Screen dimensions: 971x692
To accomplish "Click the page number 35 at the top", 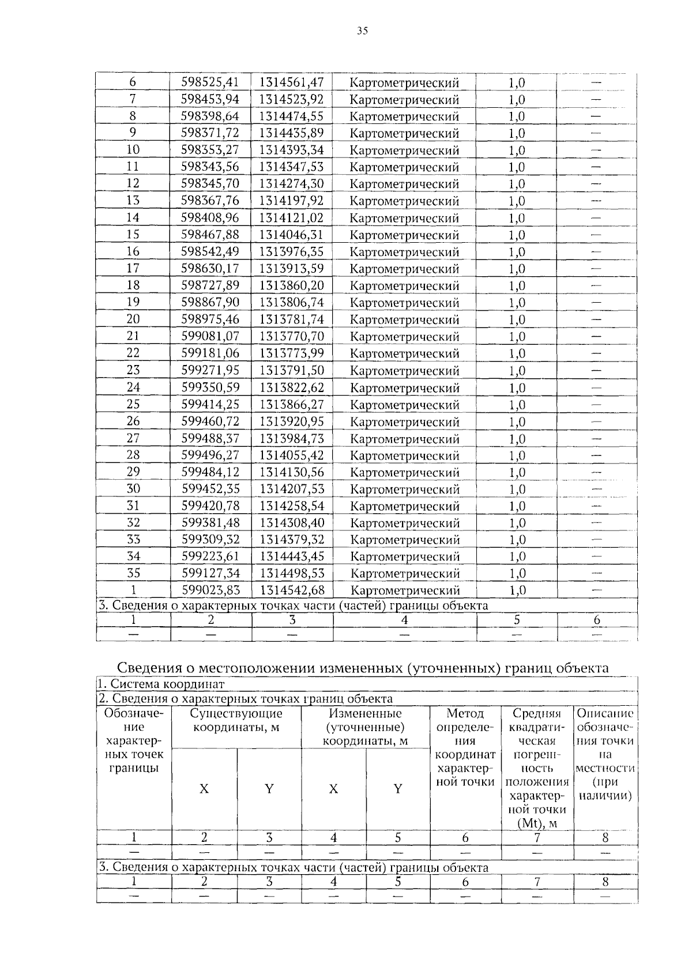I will (362, 31).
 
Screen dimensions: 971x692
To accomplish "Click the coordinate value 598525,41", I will (210, 82).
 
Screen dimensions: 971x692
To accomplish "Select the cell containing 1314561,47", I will (291, 82).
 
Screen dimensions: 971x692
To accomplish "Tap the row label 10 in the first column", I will (133, 150).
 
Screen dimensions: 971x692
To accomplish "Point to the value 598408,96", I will (210, 218).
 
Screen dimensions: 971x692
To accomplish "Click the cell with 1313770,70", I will (292, 336).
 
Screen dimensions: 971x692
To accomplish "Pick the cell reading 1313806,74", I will (292, 302).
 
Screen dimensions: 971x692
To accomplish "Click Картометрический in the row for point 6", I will (404, 83).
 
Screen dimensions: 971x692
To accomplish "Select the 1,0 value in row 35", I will (517, 573).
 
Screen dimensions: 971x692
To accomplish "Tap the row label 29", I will (133, 472).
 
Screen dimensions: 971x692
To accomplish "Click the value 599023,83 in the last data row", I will (210, 590).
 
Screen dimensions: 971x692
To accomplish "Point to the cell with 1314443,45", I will (292, 556).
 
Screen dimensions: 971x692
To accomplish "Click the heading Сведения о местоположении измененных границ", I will (363, 668).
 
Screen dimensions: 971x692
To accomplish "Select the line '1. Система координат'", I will (161, 684).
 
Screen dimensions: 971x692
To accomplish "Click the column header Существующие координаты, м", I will (236, 720).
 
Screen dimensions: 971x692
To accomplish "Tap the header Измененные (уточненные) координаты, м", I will (365, 727).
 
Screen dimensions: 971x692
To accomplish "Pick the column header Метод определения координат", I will (465, 748).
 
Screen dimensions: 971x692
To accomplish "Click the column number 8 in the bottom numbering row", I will (605, 882).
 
